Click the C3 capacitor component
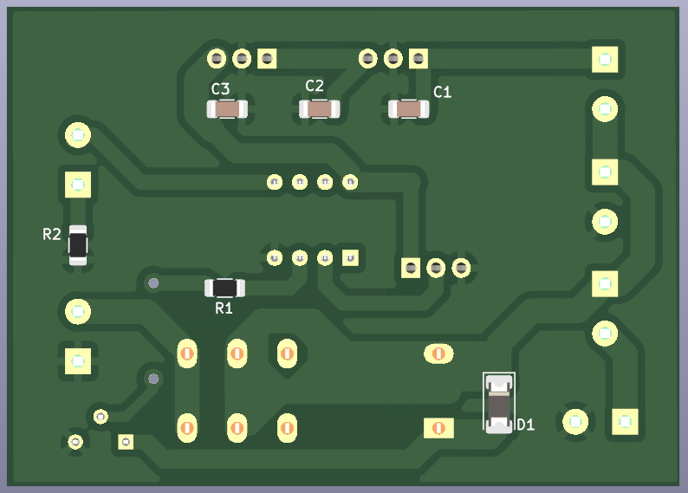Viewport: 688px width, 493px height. [x=227, y=109]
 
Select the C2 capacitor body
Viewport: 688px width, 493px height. [x=320, y=109]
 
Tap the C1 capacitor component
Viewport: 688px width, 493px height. [x=408, y=109]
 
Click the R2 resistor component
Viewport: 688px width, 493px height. [x=78, y=245]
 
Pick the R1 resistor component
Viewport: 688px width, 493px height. [x=225, y=288]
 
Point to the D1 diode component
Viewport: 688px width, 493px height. [x=499, y=404]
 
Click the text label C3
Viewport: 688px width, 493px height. [x=220, y=89]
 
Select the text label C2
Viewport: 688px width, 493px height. [x=315, y=86]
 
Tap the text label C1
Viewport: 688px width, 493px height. [x=442, y=92]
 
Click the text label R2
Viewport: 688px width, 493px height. [x=52, y=234]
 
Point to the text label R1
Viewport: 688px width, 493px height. [x=224, y=308]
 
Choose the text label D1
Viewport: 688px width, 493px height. [x=526, y=425]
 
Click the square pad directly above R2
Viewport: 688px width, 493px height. [x=78, y=185]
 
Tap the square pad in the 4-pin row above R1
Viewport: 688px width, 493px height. [x=350, y=258]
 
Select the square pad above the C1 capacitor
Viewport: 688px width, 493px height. [x=419, y=58]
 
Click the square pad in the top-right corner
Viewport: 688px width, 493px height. [x=605, y=59]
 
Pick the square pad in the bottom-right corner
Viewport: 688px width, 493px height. [x=625, y=422]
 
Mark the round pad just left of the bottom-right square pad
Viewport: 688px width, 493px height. [x=575, y=422]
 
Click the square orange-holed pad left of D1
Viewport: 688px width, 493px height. [x=438, y=428]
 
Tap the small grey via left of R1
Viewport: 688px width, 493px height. [x=153, y=283]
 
